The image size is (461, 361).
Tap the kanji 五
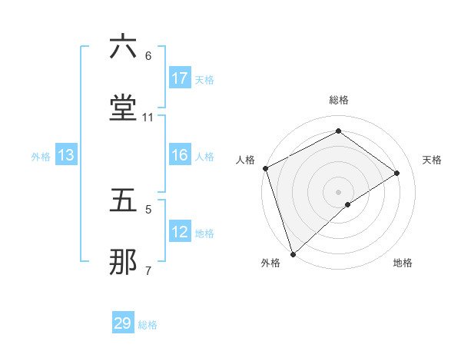click(124, 200)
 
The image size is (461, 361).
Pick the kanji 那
click(124, 262)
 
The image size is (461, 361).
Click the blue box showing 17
click(180, 78)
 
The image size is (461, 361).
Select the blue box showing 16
click(180, 155)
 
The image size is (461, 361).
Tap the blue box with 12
click(180, 232)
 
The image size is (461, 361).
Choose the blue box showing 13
click(66, 155)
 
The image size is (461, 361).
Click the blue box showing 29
click(123, 323)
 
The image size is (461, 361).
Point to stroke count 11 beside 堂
click(148, 118)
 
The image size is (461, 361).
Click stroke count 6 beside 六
click(148, 56)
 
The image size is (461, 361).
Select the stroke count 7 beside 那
click(148, 271)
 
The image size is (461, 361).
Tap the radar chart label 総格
click(339, 100)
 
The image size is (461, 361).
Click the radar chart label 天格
click(433, 160)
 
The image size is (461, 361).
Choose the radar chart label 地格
click(403, 263)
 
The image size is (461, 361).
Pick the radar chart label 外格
click(270, 263)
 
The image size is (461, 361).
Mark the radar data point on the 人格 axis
click(265, 168)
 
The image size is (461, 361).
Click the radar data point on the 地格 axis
click(348, 204)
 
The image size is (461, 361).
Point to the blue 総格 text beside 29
click(148, 325)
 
